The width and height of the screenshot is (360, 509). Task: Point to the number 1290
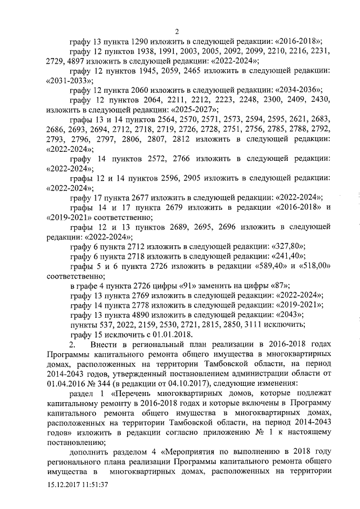pos(142,41)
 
